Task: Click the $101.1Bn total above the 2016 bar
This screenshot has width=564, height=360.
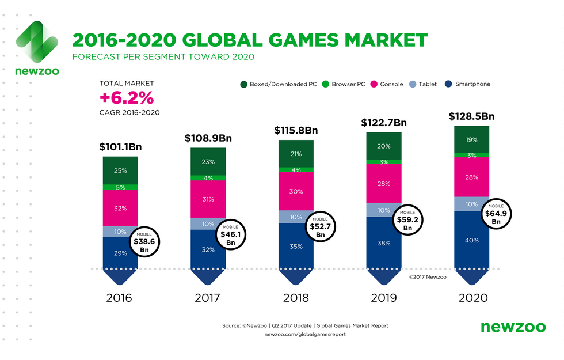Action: [120, 147]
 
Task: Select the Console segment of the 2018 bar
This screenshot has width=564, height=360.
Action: [296, 191]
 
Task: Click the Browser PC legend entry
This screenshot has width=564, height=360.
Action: [344, 84]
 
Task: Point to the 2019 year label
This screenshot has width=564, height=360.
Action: [383, 298]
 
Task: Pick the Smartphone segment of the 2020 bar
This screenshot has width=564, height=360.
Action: [471, 240]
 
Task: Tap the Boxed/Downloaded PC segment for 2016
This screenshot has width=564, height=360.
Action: [120, 170]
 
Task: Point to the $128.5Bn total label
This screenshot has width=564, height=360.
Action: [471, 116]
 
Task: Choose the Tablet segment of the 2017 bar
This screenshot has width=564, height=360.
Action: [208, 223]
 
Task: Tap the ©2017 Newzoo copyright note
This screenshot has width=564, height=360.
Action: [427, 277]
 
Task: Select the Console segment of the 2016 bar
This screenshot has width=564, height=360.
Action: [120, 208]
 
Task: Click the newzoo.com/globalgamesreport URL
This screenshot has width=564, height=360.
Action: [305, 335]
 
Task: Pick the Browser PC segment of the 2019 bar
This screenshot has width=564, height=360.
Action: [383, 162]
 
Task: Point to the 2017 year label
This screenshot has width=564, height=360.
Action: [208, 298]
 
